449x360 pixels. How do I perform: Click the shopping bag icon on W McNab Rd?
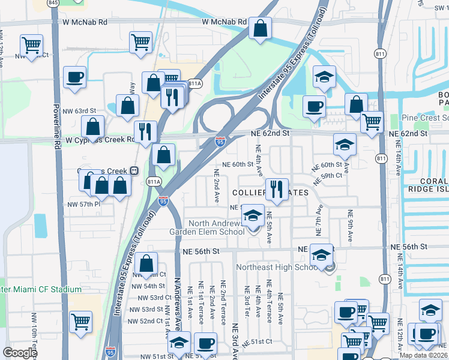tap(261, 28)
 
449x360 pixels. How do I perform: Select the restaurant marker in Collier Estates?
tap(276, 190)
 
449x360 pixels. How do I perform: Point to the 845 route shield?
tap(53, 3)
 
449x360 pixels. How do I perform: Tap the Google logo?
tap(20, 353)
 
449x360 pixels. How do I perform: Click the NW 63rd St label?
tap(79, 111)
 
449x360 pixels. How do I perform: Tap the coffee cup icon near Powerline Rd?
tap(74, 77)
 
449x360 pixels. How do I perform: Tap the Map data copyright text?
tap(423, 355)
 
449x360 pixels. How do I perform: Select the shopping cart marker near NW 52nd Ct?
tap(80, 322)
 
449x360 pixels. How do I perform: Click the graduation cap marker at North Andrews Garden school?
tap(253, 215)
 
